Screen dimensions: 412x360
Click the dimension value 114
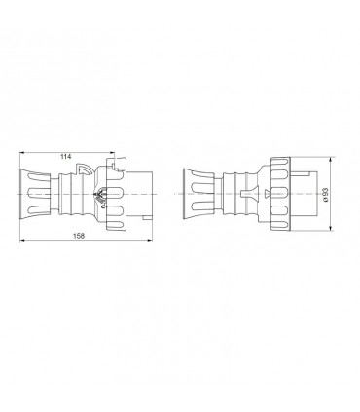pyautogui.click(x=65, y=157)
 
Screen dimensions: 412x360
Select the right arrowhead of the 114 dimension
pyautogui.click(x=113, y=162)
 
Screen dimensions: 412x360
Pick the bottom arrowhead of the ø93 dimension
pyautogui.click(x=331, y=230)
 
